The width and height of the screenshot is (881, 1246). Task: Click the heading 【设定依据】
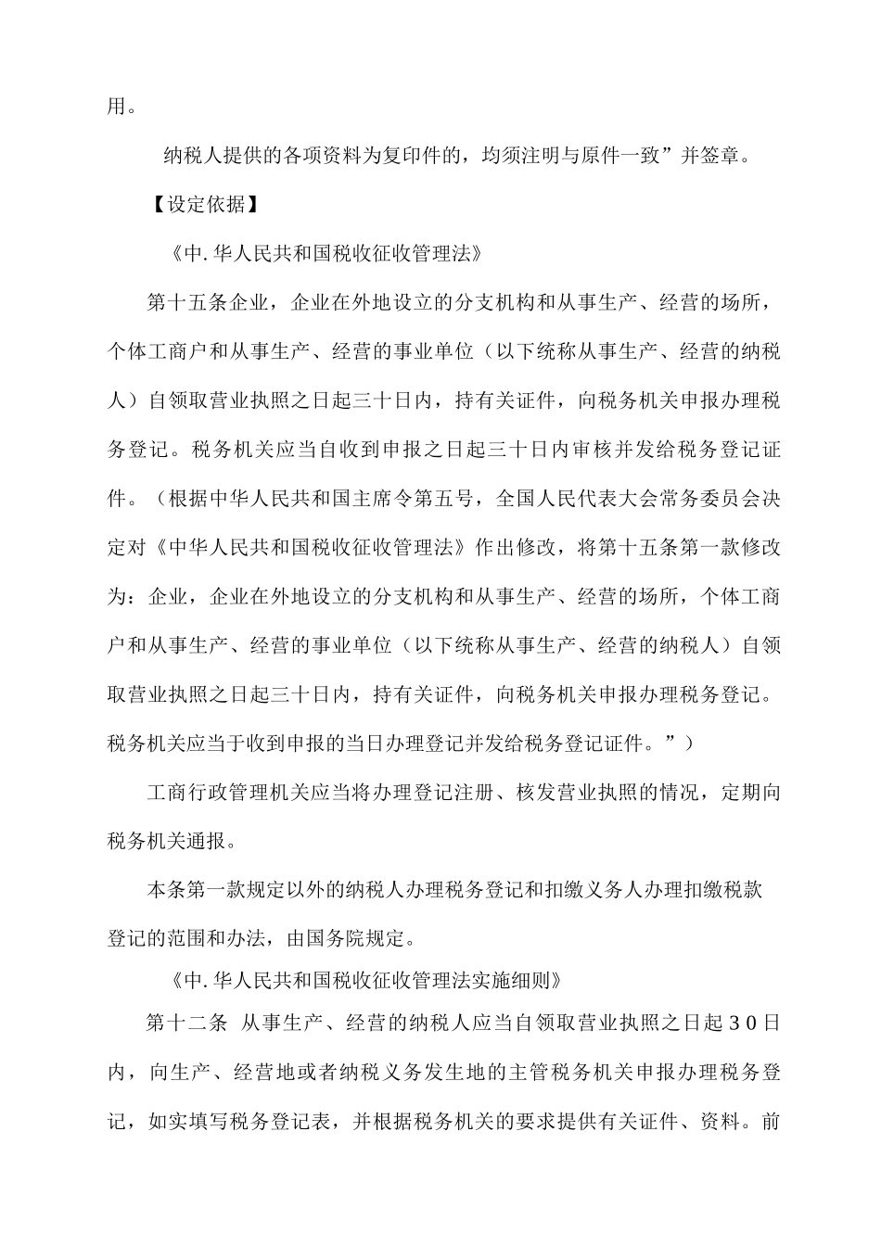pyautogui.click(x=205, y=204)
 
